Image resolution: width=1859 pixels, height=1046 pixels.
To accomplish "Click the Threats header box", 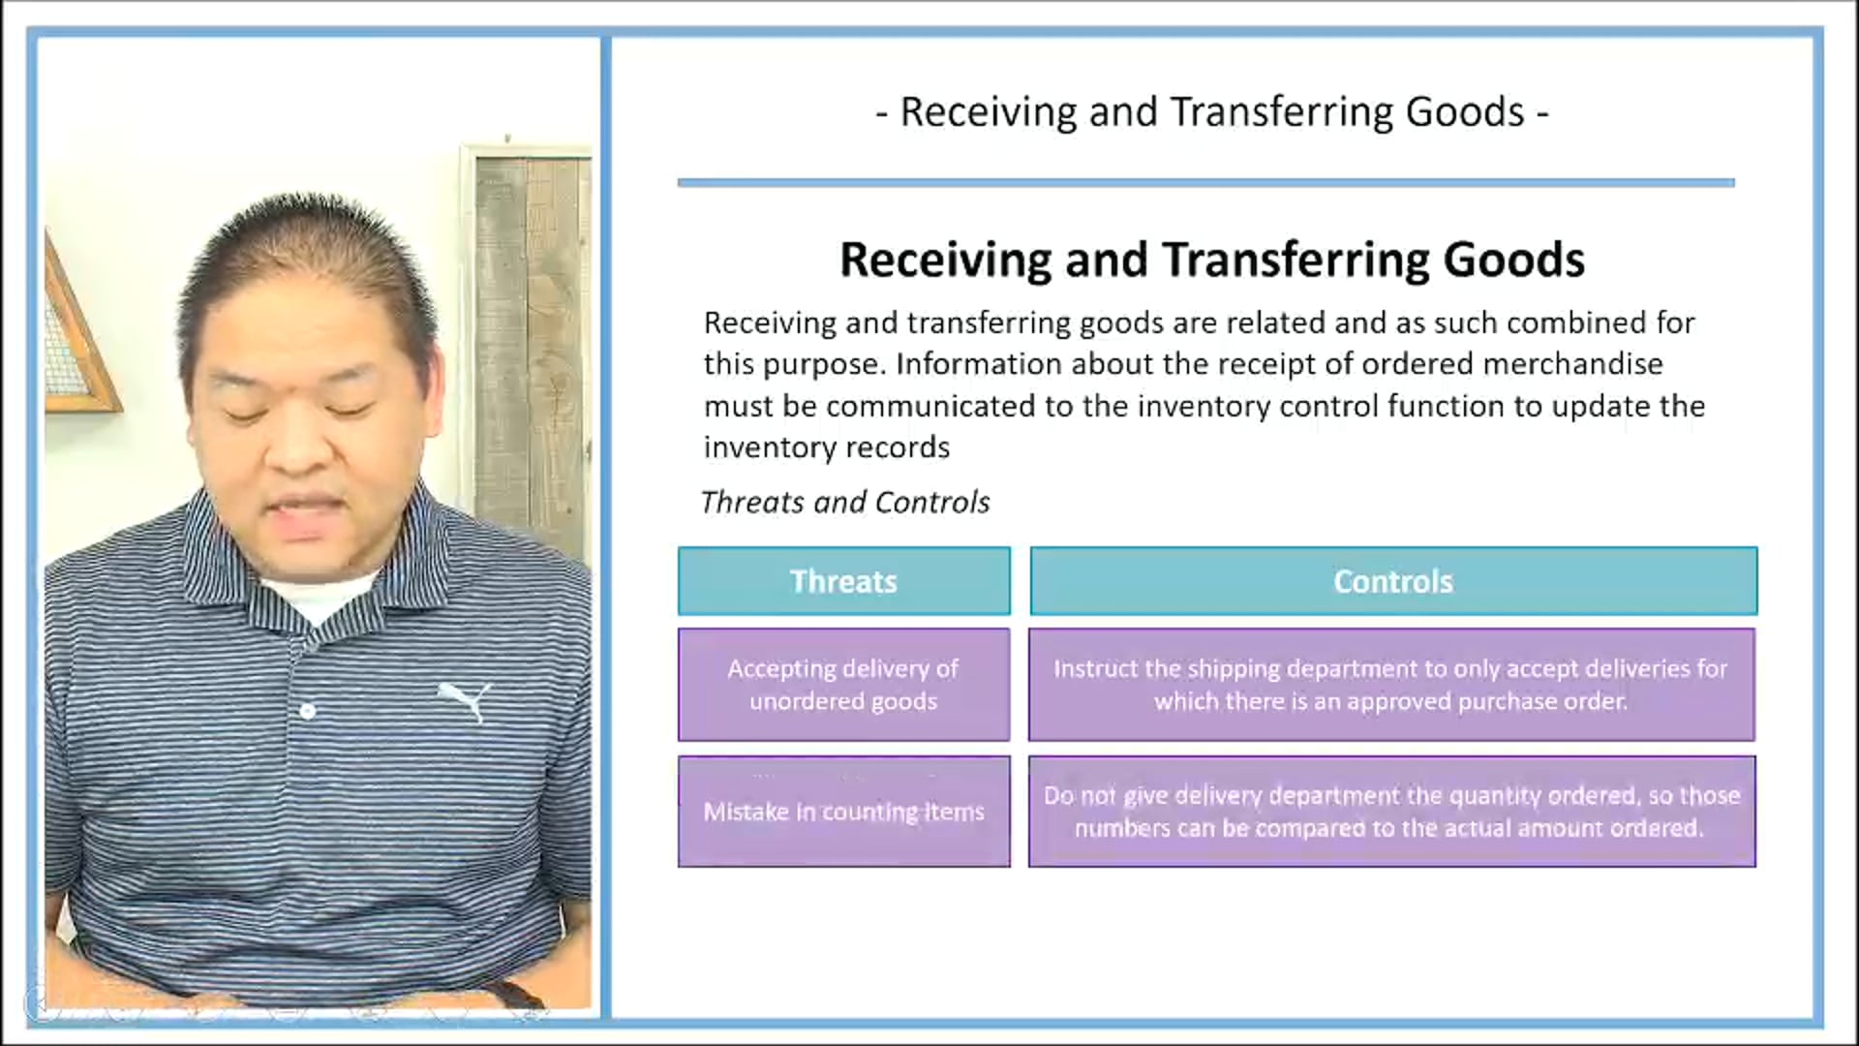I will pyautogui.click(x=843, y=581).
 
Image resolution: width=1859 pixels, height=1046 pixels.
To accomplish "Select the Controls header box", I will pyautogui.click(x=1393, y=581).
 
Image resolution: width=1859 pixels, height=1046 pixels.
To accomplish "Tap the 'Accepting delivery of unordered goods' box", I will pyautogui.click(x=843, y=685).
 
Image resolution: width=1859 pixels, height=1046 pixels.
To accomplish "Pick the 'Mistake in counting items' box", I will pyautogui.click(x=843, y=812).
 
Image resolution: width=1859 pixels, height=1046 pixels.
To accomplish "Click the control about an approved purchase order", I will pyautogui.click(x=1391, y=685).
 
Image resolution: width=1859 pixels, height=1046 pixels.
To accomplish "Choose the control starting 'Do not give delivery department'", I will pyautogui.click(x=1391, y=812).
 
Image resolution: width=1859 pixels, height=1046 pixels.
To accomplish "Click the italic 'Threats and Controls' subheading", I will pyautogui.click(x=844, y=502).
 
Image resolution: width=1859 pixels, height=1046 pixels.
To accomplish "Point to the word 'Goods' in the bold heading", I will pyautogui.click(x=1514, y=260).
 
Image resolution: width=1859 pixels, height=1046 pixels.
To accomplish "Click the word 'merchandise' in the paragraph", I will pyautogui.click(x=1572, y=364).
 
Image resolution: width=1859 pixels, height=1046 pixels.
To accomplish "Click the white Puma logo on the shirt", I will pyautogui.click(x=466, y=700).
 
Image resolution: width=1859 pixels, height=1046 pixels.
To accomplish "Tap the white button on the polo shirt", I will pyautogui.click(x=308, y=711).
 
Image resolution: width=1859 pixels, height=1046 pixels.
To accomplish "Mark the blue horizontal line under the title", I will pyautogui.click(x=1205, y=182).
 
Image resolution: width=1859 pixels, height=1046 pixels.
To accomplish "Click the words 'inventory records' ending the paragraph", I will pyautogui.click(x=826, y=447).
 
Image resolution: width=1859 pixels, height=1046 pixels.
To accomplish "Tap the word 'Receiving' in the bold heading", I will pyautogui.click(x=945, y=260).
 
